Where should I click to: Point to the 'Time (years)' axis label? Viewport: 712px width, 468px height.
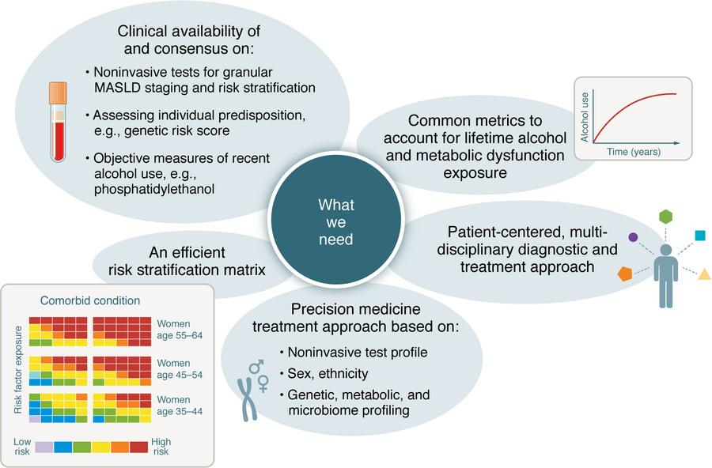point(634,150)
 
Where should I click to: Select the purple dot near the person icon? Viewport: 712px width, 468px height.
point(633,236)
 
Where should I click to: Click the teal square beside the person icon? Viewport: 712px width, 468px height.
point(700,235)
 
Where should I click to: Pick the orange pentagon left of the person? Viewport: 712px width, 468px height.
point(626,274)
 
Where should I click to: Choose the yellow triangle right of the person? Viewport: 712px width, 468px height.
point(704,274)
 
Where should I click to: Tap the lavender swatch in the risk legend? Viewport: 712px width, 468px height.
point(44,447)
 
